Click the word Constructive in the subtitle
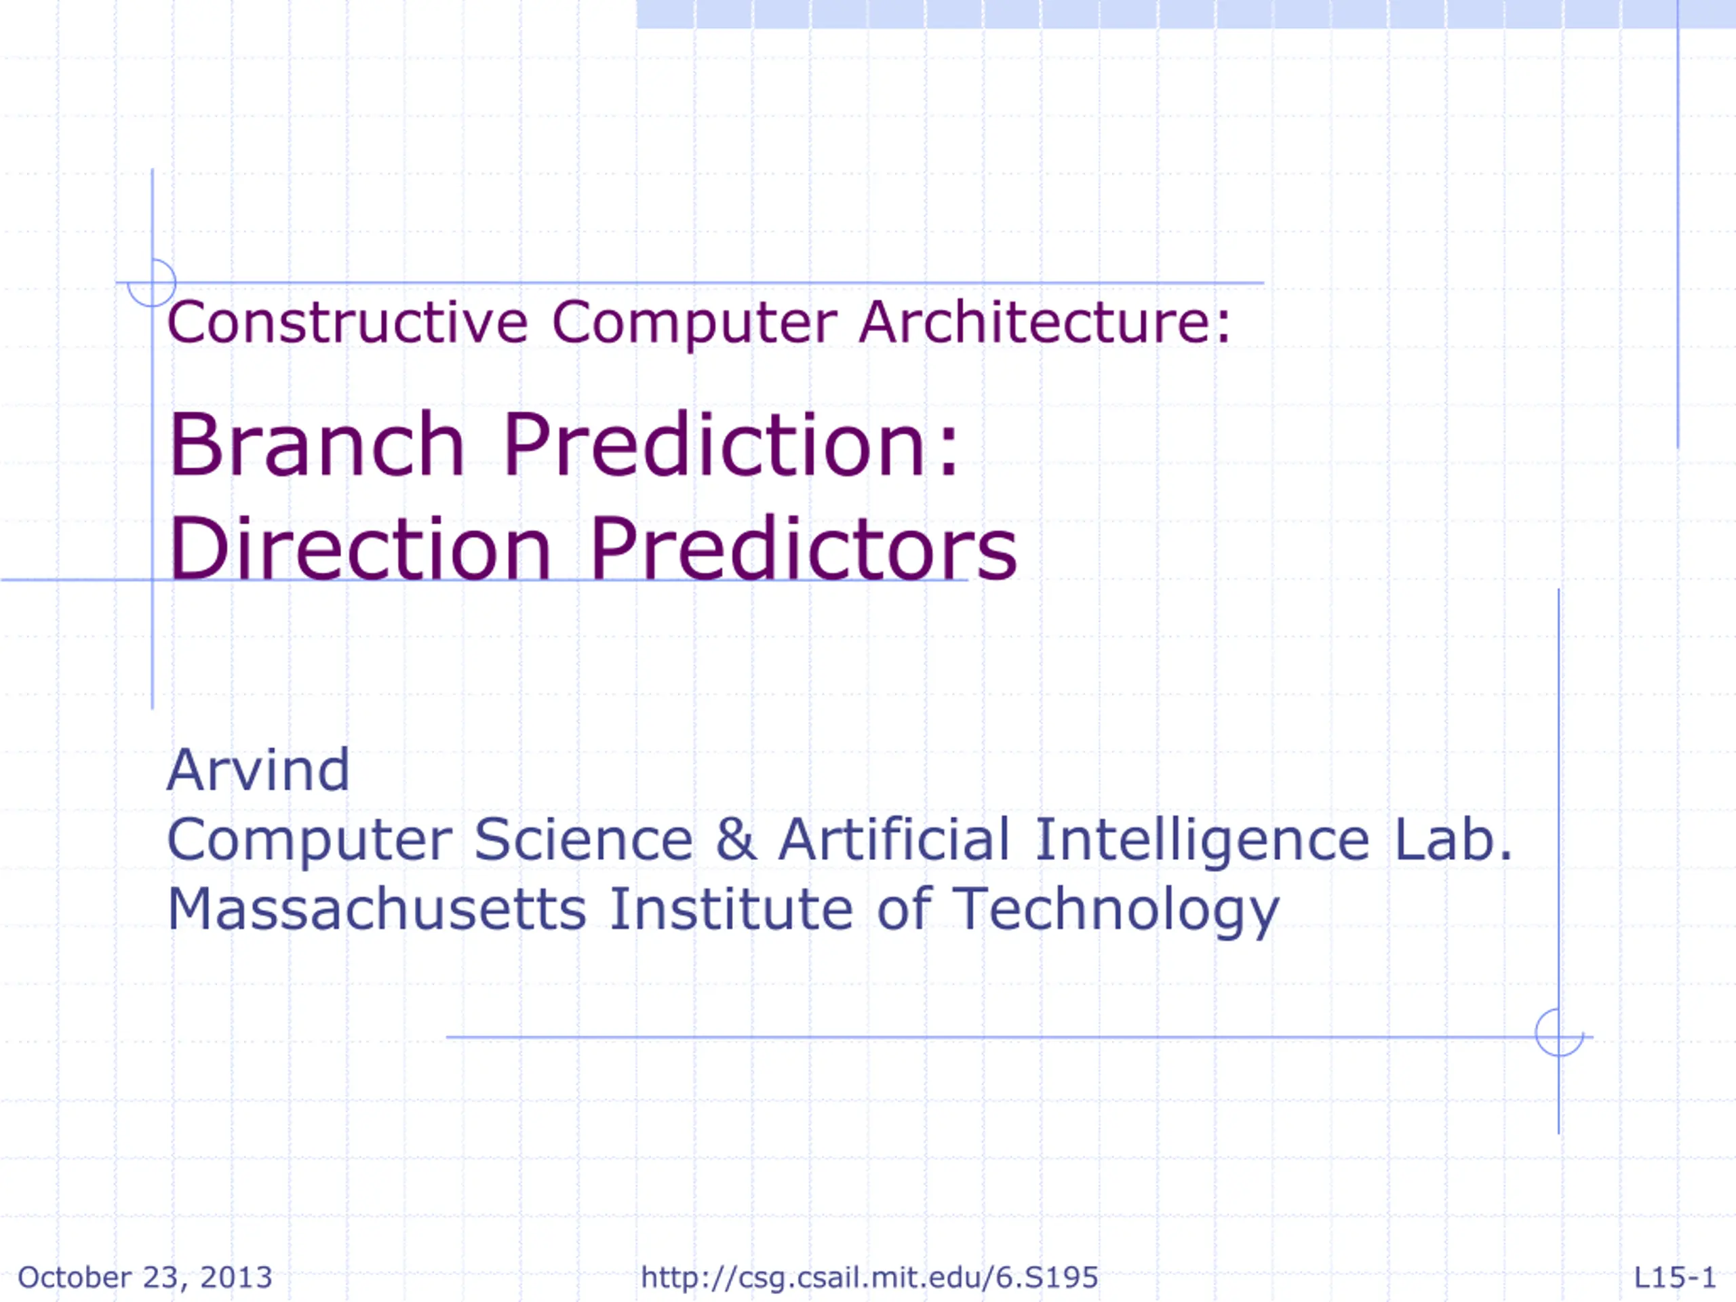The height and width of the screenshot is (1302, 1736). pyautogui.click(x=348, y=322)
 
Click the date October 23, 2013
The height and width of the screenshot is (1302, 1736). pyautogui.click(x=145, y=1277)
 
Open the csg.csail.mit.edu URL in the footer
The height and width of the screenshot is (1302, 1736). pyautogui.click(x=869, y=1278)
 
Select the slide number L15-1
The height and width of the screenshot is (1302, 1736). pyautogui.click(x=1676, y=1277)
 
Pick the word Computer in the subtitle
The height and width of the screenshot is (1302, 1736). pyautogui.click(x=694, y=323)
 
